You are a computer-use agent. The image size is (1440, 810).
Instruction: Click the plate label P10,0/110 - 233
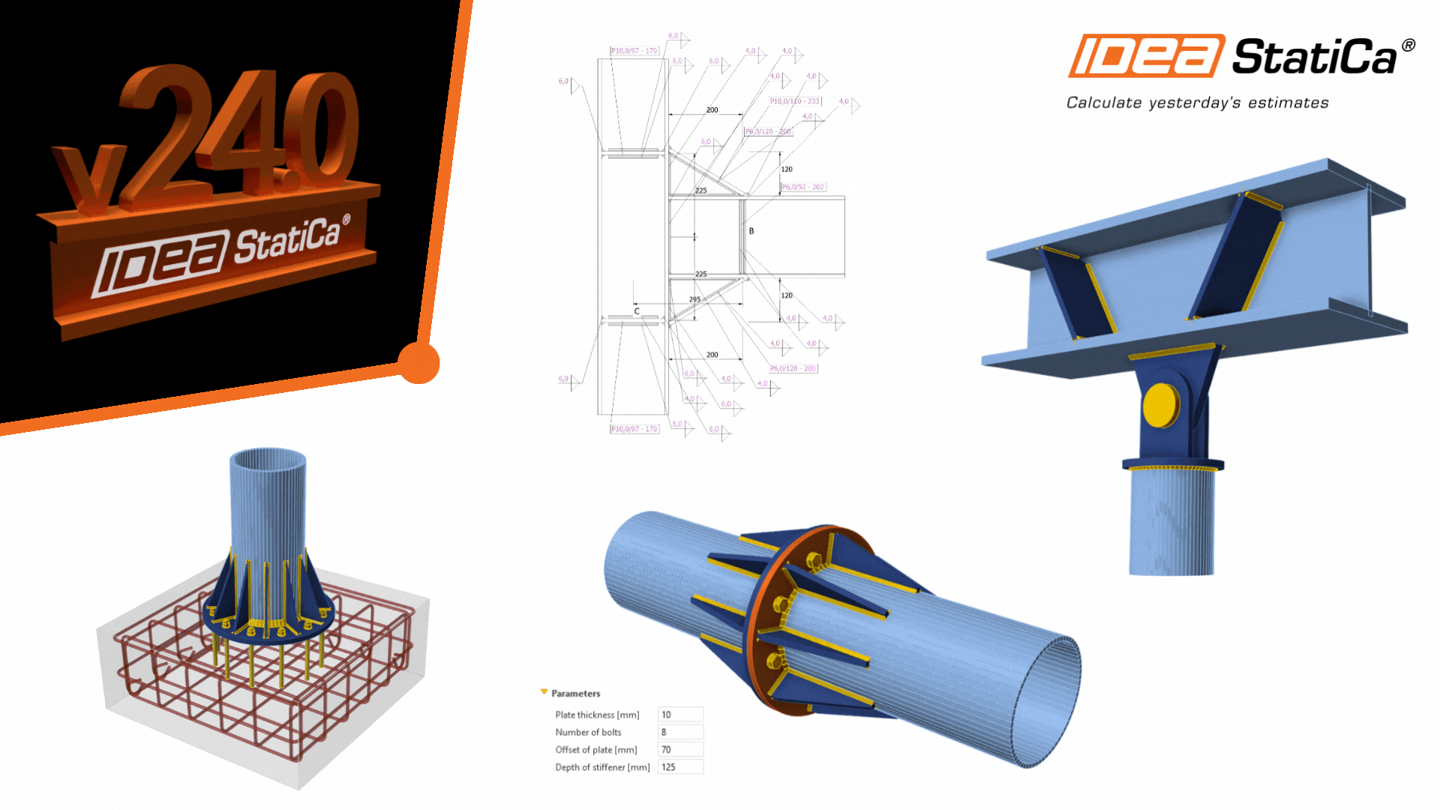click(795, 101)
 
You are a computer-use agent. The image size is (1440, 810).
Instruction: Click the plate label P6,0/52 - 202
click(803, 187)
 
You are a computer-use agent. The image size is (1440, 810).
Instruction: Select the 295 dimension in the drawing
click(694, 299)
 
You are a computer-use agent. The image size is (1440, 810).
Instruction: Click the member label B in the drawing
click(751, 231)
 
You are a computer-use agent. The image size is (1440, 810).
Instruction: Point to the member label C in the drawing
click(637, 311)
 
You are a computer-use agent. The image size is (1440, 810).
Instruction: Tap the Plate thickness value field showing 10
click(680, 715)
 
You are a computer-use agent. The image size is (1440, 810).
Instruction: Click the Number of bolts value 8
click(680, 732)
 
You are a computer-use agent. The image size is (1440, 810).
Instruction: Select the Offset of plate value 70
click(680, 749)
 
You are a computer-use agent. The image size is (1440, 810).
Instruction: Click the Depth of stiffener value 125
click(680, 767)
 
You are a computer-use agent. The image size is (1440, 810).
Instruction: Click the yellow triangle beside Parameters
click(544, 692)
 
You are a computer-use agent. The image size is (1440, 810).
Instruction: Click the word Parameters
click(575, 694)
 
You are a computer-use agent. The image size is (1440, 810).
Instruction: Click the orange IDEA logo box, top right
click(1145, 56)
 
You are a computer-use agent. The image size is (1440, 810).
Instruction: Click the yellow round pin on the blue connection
click(1161, 406)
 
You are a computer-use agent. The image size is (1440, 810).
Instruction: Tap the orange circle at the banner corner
click(418, 362)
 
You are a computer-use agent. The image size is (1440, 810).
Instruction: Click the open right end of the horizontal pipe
click(1050, 702)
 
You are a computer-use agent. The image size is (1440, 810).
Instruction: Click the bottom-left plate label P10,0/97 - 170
click(634, 429)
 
